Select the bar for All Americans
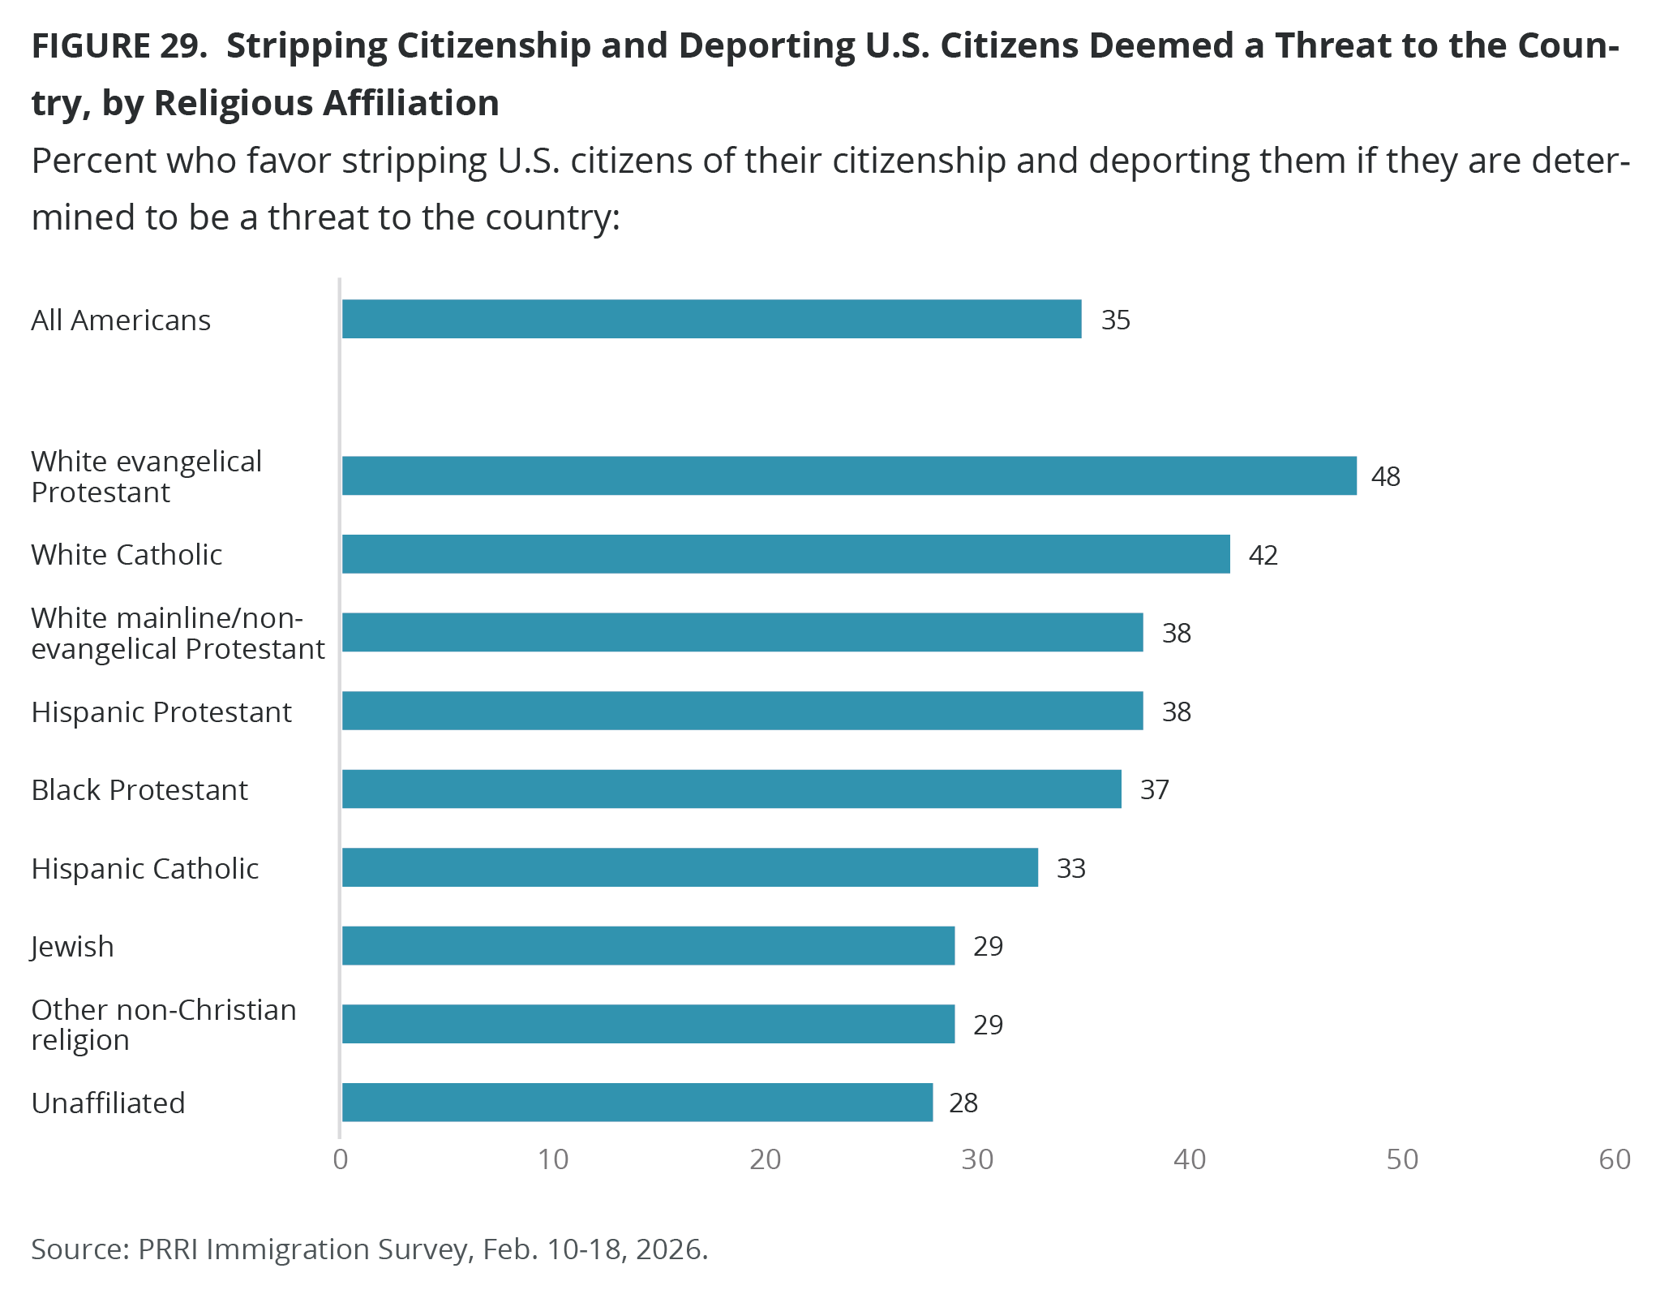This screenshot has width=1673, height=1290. pos(711,319)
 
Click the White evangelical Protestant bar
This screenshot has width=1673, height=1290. pos(849,475)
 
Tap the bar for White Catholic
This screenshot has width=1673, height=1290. pos(786,554)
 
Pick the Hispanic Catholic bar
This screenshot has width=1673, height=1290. pos(689,867)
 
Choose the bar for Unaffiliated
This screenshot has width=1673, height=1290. pos(637,1102)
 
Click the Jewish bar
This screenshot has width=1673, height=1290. pos(648,946)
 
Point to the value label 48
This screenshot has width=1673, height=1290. pos(1385,476)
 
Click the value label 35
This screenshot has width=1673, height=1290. pos(1115,320)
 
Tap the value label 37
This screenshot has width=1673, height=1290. pos(1154,789)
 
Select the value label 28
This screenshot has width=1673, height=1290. pos(963,1103)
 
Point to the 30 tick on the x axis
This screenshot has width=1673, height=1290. pos(977,1159)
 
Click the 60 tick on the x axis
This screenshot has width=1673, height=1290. pos(1614,1159)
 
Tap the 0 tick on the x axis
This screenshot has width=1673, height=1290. pos(341,1159)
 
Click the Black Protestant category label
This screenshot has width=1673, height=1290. pos(139,789)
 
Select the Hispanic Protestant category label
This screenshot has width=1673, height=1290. pos(161,712)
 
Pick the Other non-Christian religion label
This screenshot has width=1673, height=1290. pos(164,1024)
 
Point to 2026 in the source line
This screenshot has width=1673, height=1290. pos(668,1249)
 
